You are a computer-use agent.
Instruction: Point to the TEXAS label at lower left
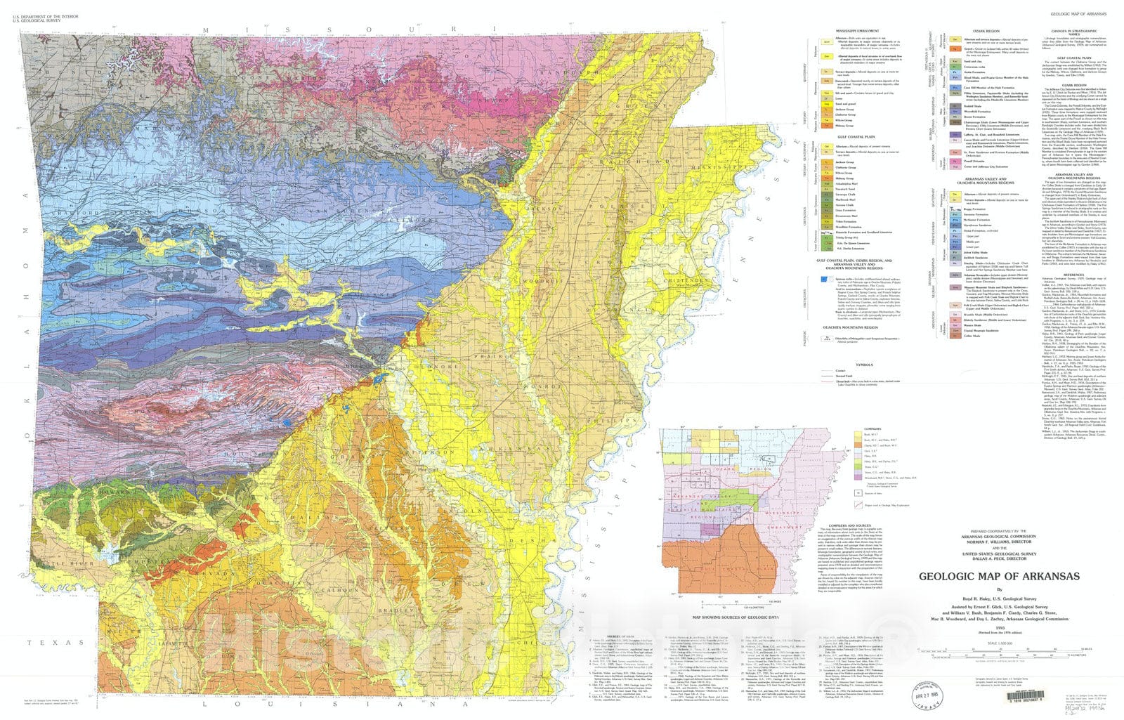pyautogui.click(x=55, y=643)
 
